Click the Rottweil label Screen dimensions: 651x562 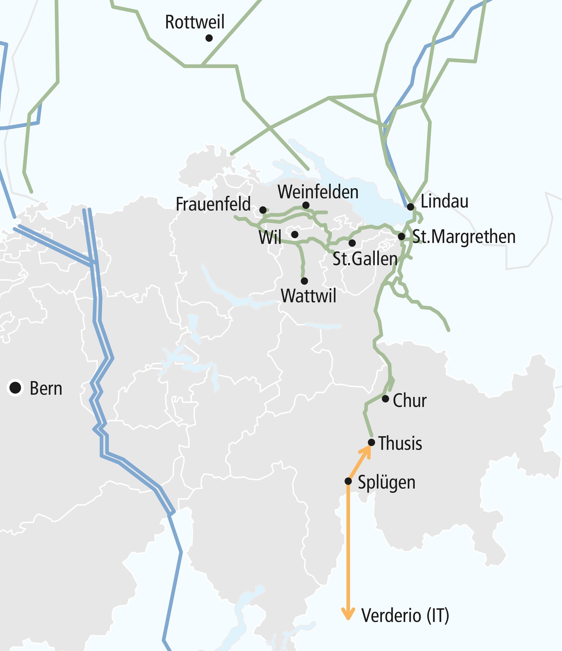[195, 22]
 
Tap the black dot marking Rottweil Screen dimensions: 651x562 [209, 38]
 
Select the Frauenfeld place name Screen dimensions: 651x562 [213, 204]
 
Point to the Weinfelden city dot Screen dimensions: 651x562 [306, 205]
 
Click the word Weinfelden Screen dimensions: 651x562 [318, 192]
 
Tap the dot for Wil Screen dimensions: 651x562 [295, 234]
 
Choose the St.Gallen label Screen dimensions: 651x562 [365, 259]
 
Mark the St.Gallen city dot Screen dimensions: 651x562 [352, 243]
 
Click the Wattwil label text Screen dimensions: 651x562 [308, 296]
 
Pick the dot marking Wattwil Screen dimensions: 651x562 [304, 281]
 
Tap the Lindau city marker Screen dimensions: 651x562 [410, 207]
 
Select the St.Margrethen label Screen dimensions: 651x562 [464, 237]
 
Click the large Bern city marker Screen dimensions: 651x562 [15, 388]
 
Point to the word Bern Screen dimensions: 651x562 [46, 388]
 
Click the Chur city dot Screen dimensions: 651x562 [385, 399]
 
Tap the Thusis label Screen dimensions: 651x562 [400, 443]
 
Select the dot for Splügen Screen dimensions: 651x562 [348, 481]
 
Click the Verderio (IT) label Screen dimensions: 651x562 [405, 615]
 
